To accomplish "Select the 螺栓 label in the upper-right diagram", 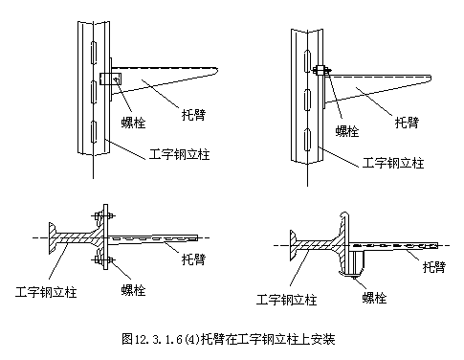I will pos(349,131).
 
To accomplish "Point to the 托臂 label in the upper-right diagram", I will pos(408,122).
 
